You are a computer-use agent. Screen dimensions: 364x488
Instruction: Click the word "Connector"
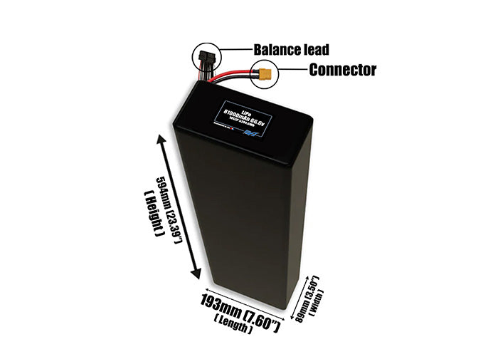point(341,71)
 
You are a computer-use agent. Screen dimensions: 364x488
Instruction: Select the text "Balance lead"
point(292,50)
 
